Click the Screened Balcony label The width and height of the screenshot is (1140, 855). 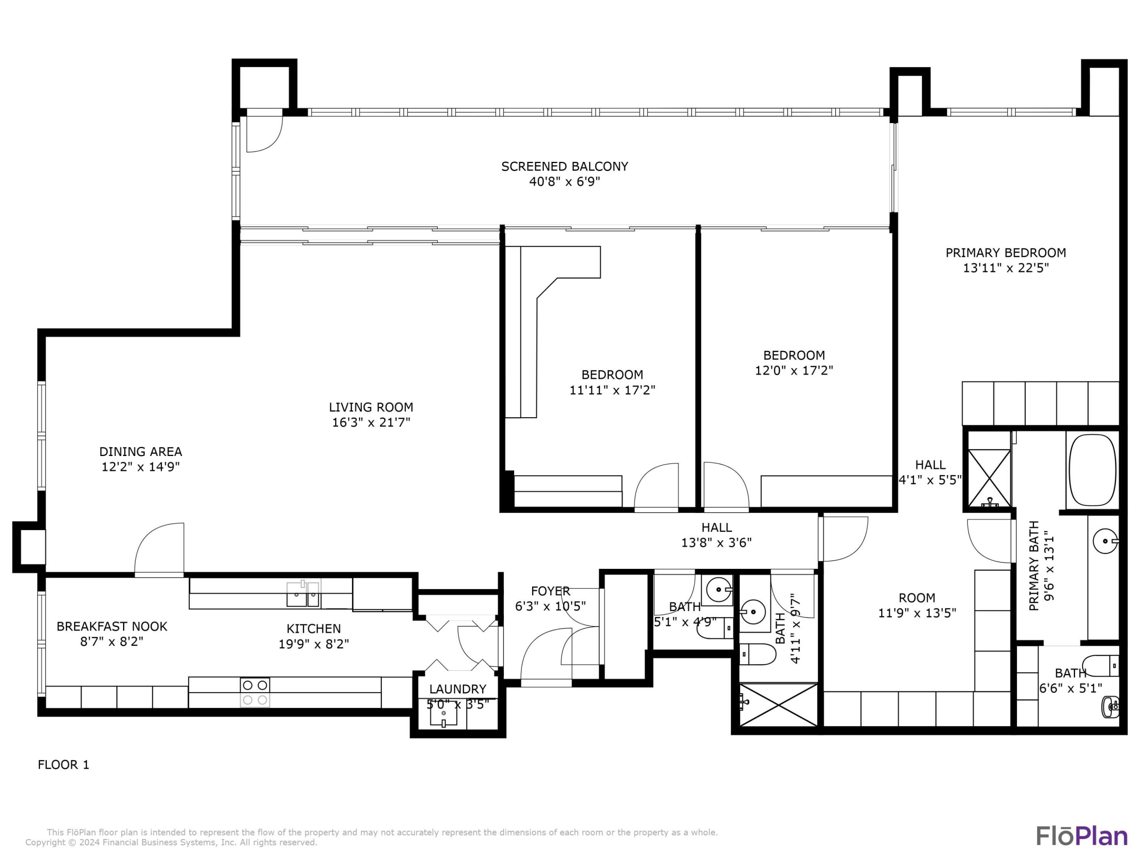[564, 167]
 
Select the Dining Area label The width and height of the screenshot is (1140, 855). [140, 452]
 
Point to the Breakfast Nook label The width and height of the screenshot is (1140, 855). [112, 626]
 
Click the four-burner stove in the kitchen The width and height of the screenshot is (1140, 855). [255, 692]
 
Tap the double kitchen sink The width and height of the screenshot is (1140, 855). [303, 594]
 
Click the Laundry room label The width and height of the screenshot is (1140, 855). [457, 689]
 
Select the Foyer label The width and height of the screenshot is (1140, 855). [551, 591]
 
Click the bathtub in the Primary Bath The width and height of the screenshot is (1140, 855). [1092, 470]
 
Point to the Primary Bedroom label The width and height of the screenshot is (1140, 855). [1005, 253]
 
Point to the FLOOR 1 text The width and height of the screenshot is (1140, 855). [63, 765]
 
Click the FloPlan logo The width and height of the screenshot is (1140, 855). [1081, 836]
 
